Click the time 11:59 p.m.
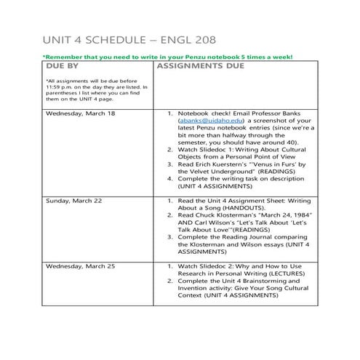point(57,87)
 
